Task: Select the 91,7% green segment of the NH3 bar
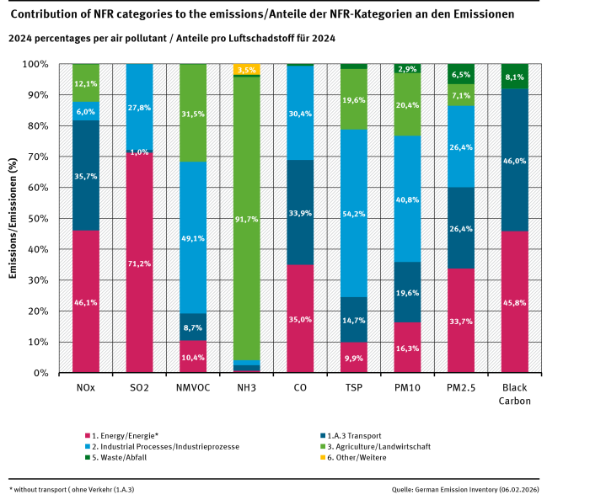coord(246,219)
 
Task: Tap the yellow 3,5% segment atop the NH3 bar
coord(246,69)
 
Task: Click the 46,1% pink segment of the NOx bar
coord(85,301)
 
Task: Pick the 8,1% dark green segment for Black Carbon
coord(514,76)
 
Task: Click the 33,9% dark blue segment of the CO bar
coord(299,212)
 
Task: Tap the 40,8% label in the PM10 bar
coord(407,199)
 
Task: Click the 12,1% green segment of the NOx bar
coord(85,82)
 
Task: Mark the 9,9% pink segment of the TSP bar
coord(353,357)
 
